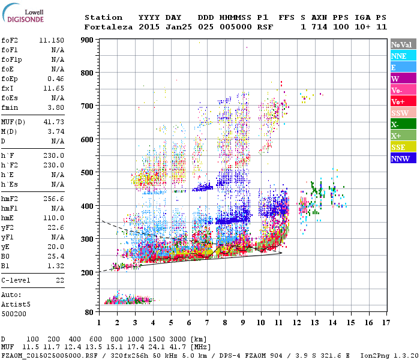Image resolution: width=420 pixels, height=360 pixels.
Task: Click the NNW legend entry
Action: pos(401,158)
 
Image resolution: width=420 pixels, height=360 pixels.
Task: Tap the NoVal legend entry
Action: pos(401,44)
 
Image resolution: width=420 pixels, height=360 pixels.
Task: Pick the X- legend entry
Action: pos(401,124)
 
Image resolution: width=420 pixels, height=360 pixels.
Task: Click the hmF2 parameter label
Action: pos(9,198)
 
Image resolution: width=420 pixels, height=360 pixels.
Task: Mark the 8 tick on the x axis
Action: pos(225,322)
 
